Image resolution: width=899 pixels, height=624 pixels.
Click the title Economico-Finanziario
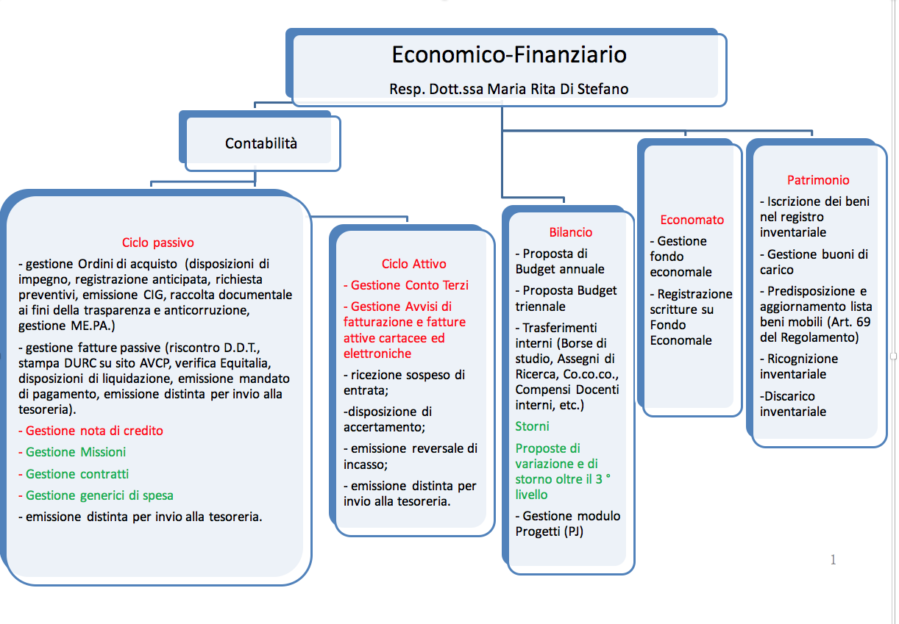pyautogui.click(x=509, y=54)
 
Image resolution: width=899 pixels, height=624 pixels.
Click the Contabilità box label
pyautogui.click(x=261, y=143)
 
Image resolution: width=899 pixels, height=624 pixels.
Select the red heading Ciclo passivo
pyautogui.click(x=157, y=243)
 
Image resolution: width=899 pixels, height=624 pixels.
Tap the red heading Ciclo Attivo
pyautogui.click(x=413, y=264)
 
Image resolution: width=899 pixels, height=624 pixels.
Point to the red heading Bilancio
pyautogui.click(x=570, y=232)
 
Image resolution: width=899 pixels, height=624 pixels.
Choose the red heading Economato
pyautogui.click(x=692, y=220)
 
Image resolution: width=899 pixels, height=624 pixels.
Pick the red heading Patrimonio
pyautogui.click(x=818, y=180)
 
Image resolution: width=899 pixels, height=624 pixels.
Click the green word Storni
pyautogui.click(x=532, y=426)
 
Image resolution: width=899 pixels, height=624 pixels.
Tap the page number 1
pyautogui.click(x=834, y=559)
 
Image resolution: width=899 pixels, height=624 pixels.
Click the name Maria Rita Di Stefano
pyautogui.click(x=558, y=89)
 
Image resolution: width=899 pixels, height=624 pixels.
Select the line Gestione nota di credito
pyautogui.click(x=90, y=431)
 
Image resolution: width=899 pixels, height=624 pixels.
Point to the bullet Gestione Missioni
pyautogui.click(x=72, y=452)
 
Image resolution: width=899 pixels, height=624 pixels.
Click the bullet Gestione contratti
pyautogui.click(x=74, y=474)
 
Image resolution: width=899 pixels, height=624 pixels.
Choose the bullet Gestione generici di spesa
pyautogui.click(x=96, y=495)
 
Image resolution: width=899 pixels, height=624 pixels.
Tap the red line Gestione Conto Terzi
pyautogui.click(x=406, y=285)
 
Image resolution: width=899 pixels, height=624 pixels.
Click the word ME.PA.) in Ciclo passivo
pyautogui.click(x=93, y=326)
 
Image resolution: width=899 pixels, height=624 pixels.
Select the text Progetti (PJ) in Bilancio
pyautogui.click(x=549, y=532)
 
